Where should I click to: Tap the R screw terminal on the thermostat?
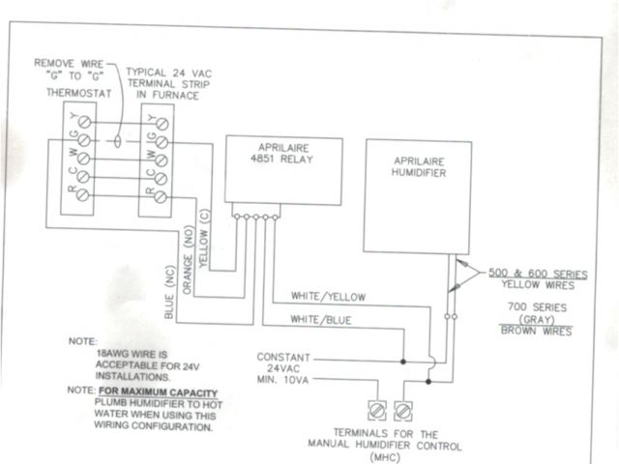tap(84, 194)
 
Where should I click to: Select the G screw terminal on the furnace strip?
tap(162, 142)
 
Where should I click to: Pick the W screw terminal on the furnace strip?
tap(162, 159)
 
